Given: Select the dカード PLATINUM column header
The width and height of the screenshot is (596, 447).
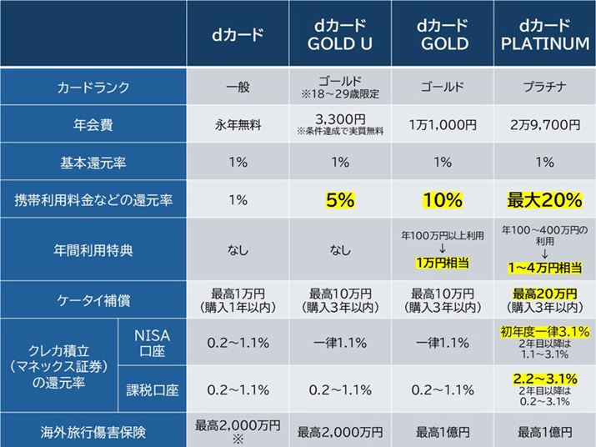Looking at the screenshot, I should (x=547, y=33).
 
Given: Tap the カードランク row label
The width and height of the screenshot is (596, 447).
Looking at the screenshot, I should (x=93, y=87).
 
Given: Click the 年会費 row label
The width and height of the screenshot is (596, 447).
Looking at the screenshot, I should (x=93, y=125).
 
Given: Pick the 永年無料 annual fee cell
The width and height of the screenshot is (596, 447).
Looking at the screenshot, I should (x=238, y=125).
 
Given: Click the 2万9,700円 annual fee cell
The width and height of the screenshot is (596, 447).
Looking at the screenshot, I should (x=547, y=125).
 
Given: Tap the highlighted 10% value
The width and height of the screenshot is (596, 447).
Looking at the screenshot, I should (x=443, y=200).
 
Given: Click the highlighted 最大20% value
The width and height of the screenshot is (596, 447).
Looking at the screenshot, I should (x=547, y=200).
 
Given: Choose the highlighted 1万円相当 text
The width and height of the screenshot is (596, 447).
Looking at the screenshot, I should (x=443, y=263).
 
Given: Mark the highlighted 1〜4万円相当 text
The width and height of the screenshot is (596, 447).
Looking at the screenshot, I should (x=547, y=269).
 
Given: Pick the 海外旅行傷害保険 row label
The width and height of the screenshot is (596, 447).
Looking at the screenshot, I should (x=93, y=431).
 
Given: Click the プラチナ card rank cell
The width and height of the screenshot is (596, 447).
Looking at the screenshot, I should (x=547, y=87).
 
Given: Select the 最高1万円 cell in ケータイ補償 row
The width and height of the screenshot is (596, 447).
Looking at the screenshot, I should (x=238, y=294).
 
